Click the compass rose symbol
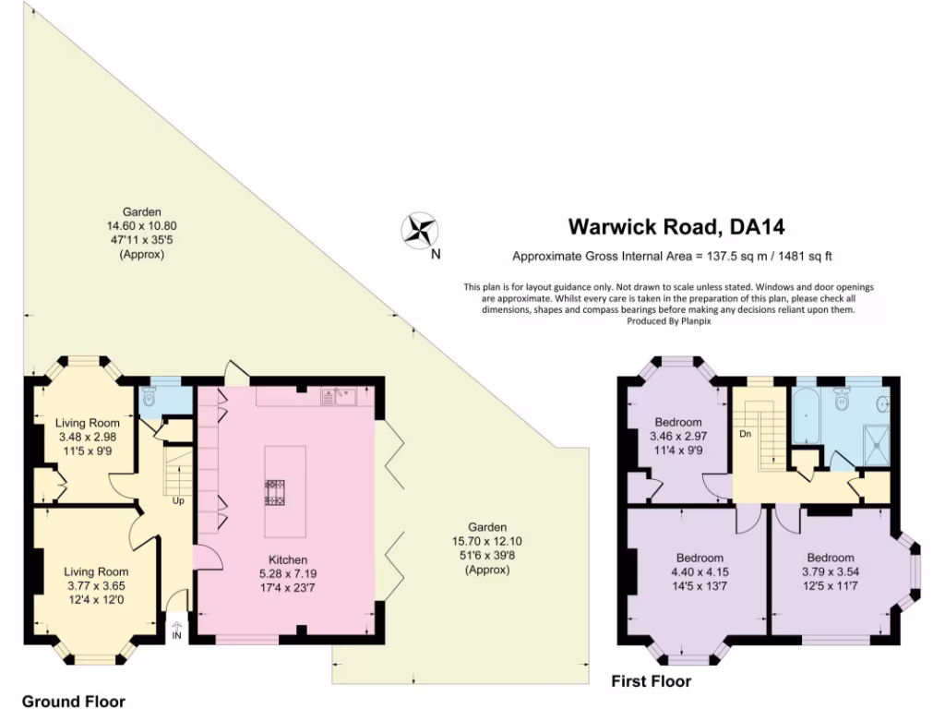(x=420, y=231)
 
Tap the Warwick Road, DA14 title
(x=676, y=227)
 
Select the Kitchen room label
(x=288, y=559)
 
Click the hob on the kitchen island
(x=275, y=491)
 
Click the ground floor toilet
(x=149, y=396)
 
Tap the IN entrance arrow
(x=176, y=631)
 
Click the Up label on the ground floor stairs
(x=178, y=500)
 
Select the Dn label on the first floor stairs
(x=745, y=434)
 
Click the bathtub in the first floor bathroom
(x=807, y=415)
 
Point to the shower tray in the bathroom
(x=877, y=445)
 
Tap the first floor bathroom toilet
(x=842, y=398)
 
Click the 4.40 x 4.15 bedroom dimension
(x=700, y=571)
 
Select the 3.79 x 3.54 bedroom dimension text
(x=831, y=571)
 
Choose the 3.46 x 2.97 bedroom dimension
(x=678, y=436)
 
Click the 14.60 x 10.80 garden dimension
(x=141, y=226)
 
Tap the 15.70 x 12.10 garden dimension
(x=487, y=541)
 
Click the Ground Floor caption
(x=74, y=702)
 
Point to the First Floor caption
(x=651, y=681)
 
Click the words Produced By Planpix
(x=669, y=321)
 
